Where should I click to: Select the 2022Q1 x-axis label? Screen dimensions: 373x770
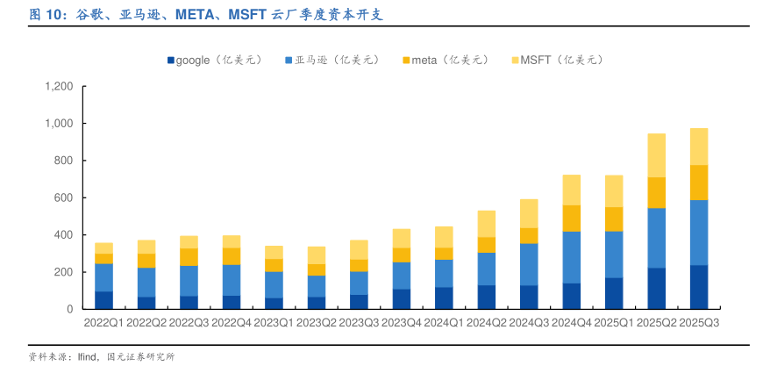click(x=104, y=323)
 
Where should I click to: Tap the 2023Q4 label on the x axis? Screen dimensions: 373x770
click(x=402, y=323)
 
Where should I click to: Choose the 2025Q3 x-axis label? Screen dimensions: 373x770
click(x=699, y=323)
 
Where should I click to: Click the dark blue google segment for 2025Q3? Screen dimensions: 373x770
click(x=699, y=287)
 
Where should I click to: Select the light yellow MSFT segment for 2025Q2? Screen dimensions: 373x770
click(x=657, y=155)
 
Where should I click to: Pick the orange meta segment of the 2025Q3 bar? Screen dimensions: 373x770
click(x=699, y=183)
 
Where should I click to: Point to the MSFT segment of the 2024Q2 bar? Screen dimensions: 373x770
click(x=487, y=224)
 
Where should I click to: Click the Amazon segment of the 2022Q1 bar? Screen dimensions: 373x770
click(x=104, y=277)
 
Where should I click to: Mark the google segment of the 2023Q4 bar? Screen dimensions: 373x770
click(x=402, y=298)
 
